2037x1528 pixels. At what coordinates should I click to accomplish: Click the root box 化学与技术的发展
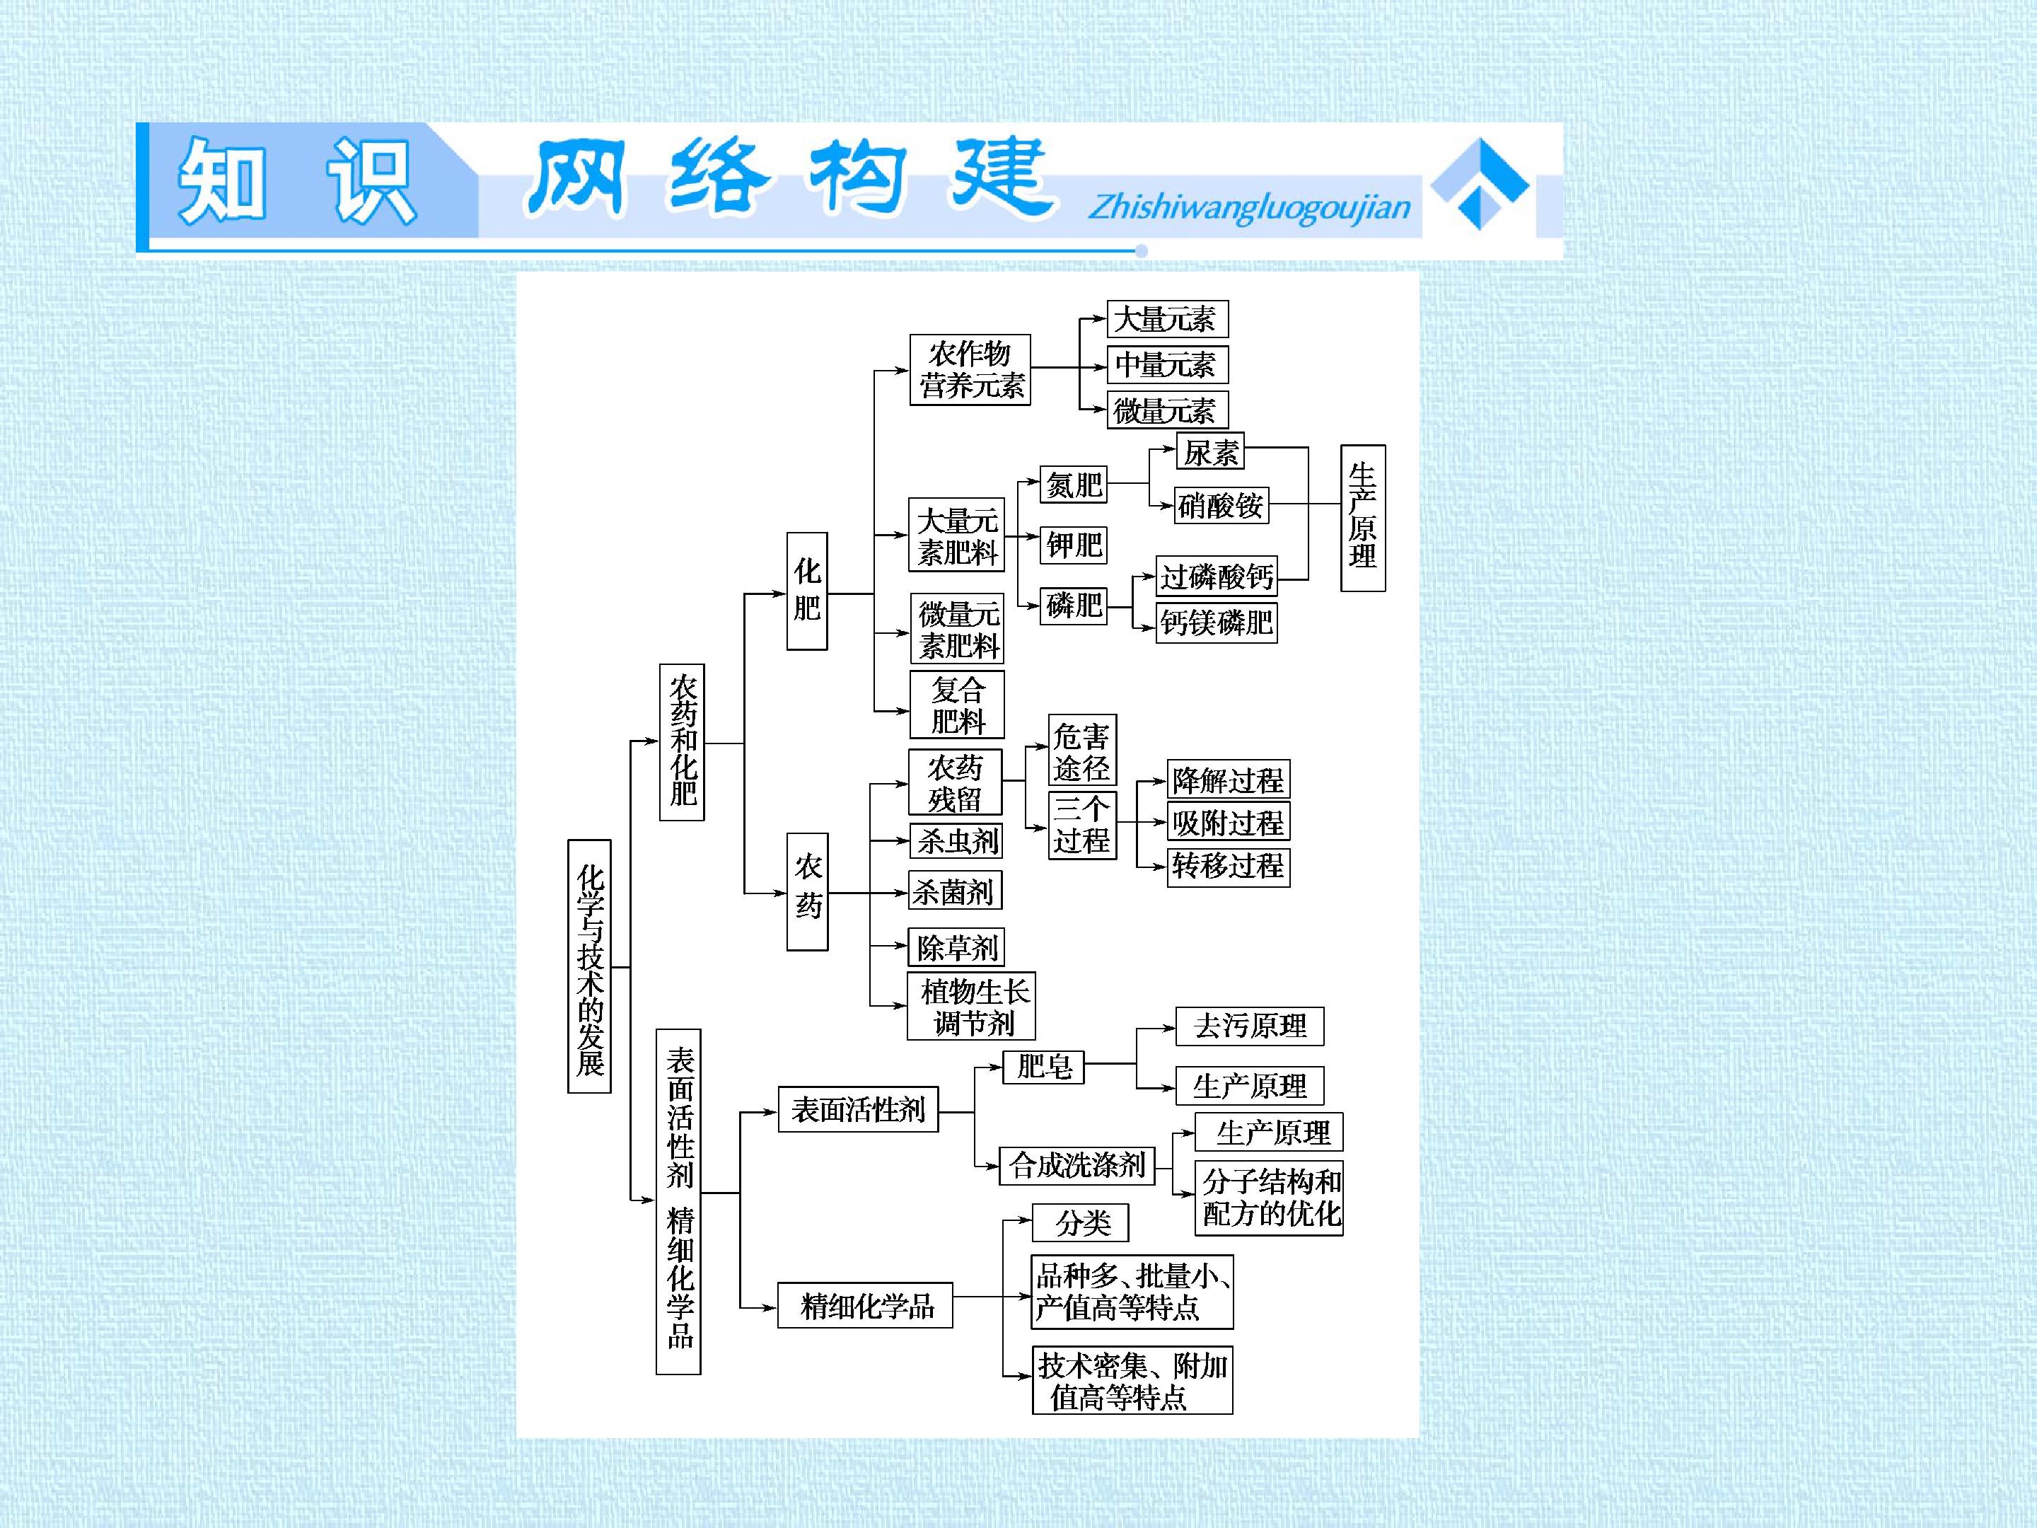[x=589, y=966]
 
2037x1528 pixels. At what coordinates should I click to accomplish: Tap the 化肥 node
[x=807, y=591]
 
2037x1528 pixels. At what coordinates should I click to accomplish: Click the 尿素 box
[x=1210, y=452]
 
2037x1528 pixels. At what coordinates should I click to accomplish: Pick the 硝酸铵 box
[x=1221, y=504]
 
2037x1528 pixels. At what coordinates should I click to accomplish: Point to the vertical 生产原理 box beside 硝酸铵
[x=1363, y=518]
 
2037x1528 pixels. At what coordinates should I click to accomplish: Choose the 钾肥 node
[x=1074, y=545]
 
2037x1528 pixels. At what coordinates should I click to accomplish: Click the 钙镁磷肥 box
[x=1217, y=623]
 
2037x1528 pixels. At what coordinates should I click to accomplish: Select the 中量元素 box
[x=1168, y=365]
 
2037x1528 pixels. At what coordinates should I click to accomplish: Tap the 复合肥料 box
[x=957, y=705]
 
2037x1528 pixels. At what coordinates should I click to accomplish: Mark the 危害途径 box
[x=1082, y=751]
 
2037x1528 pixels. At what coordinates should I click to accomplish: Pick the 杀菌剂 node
[x=955, y=891]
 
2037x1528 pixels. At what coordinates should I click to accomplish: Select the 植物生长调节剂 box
[x=972, y=1006]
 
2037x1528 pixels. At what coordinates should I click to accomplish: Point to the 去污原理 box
[x=1250, y=1026]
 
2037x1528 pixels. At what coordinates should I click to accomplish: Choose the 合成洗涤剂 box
[x=1076, y=1165]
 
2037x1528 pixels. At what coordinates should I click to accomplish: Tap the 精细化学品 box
[x=865, y=1305]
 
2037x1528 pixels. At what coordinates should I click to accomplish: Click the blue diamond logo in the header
[x=1480, y=183]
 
